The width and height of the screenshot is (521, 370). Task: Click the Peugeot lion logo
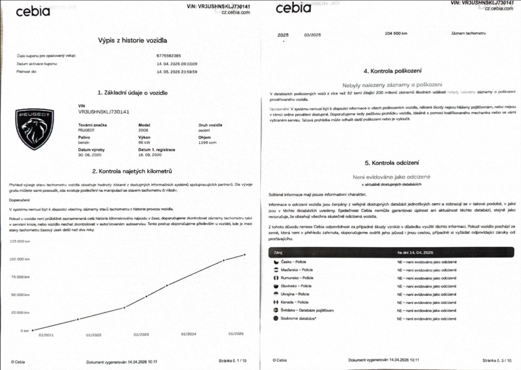pyautogui.click(x=35, y=129)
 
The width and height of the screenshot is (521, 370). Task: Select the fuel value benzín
pyautogui.click(x=84, y=143)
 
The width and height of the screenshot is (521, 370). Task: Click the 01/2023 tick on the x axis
pyautogui.click(x=141, y=335)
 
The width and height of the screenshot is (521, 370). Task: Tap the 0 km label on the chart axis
pyautogui.click(x=24, y=331)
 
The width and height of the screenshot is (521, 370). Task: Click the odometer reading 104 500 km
pyautogui.click(x=396, y=34)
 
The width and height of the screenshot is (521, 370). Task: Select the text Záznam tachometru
pyautogui.click(x=469, y=34)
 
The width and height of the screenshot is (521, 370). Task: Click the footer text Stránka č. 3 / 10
pyautogui.click(x=495, y=360)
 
